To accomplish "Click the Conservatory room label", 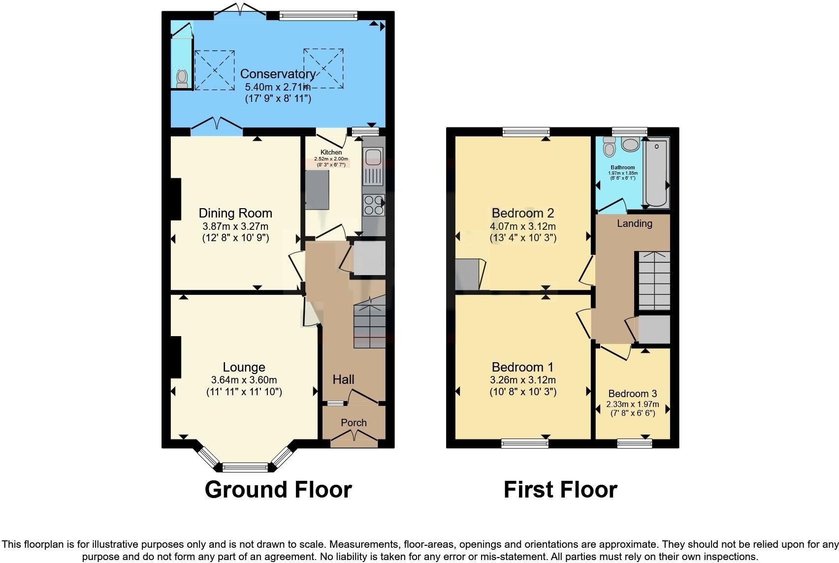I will (x=278, y=74).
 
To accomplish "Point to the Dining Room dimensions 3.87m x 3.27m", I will (x=235, y=226).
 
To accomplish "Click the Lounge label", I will (x=244, y=367).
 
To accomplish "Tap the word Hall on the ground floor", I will (x=343, y=379).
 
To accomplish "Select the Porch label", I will (x=354, y=423).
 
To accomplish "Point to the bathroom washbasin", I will (x=630, y=144).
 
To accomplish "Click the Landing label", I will (x=634, y=223).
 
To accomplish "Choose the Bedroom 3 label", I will (x=632, y=394).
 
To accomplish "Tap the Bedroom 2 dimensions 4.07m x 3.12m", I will (x=522, y=226).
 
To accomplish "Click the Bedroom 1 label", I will (x=522, y=367).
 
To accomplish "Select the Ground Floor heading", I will (x=278, y=490).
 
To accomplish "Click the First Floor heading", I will (x=560, y=490).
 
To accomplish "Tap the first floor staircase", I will (x=654, y=281).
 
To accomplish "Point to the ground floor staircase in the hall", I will (x=369, y=322).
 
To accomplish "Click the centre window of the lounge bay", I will (x=245, y=467).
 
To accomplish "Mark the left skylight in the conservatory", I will (x=215, y=70).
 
